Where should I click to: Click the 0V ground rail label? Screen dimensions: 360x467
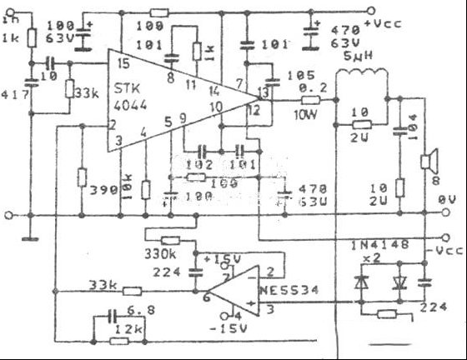pos(445,200)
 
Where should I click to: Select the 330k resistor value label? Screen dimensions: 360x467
pos(160,252)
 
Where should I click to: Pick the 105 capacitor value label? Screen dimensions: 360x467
pos(296,77)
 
